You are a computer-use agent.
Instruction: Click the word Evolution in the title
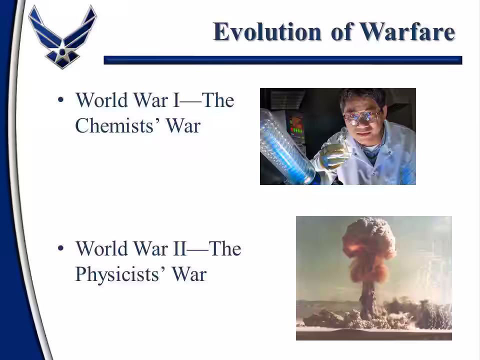tap(267, 31)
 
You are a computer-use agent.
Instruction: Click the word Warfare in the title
tap(407, 31)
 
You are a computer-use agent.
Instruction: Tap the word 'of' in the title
tap(340, 31)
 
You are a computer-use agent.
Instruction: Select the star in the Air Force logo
tap(62, 51)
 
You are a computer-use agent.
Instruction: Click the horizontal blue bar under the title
tap(283, 60)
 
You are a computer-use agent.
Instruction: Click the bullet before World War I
tap(60, 100)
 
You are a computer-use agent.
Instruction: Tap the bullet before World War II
tap(60, 248)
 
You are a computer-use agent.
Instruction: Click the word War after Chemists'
tap(183, 125)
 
